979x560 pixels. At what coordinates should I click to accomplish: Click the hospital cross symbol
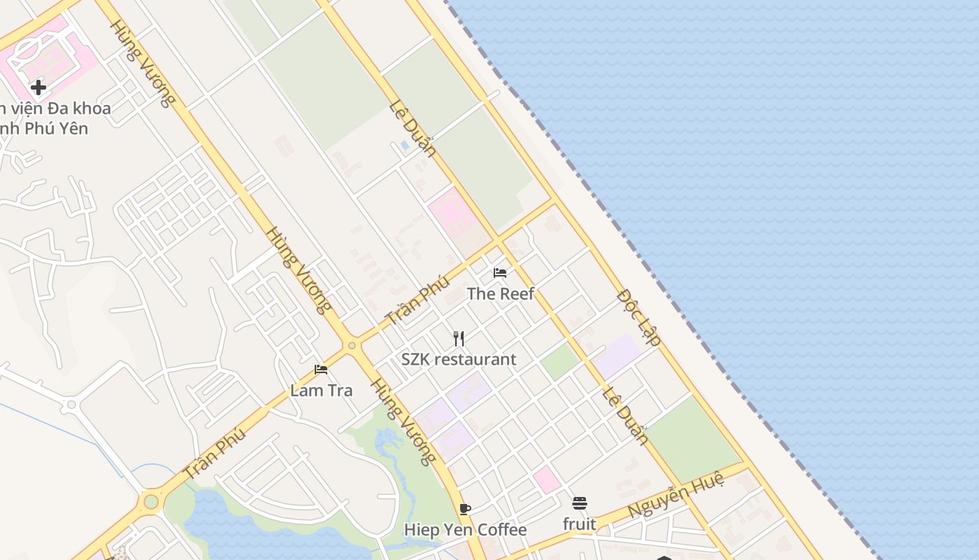tap(38, 87)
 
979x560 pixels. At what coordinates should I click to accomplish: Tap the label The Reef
tap(500, 294)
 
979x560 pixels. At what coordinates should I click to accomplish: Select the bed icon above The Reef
tap(500, 272)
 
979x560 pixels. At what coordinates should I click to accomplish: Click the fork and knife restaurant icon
tap(459, 339)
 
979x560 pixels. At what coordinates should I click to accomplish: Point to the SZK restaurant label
tap(459, 360)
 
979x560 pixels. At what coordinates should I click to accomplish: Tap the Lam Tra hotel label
tap(321, 391)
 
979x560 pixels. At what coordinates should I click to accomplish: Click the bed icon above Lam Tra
tap(321, 370)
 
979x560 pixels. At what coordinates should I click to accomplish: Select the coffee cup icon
tap(465, 509)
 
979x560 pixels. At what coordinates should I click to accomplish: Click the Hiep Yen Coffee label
tap(465, 530)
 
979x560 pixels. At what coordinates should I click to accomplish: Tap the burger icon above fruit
tap(579, 503)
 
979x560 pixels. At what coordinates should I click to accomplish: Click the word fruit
tap(579, 524)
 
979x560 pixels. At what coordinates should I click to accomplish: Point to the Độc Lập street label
tap(639, 317)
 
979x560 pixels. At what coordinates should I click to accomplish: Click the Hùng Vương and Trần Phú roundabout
tap(351, 345)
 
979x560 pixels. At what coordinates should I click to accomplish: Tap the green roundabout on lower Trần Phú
tap(151, 501)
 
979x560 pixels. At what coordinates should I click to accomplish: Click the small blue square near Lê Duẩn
tap(404, 146)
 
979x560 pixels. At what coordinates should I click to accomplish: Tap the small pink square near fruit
tap(546, 479)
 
